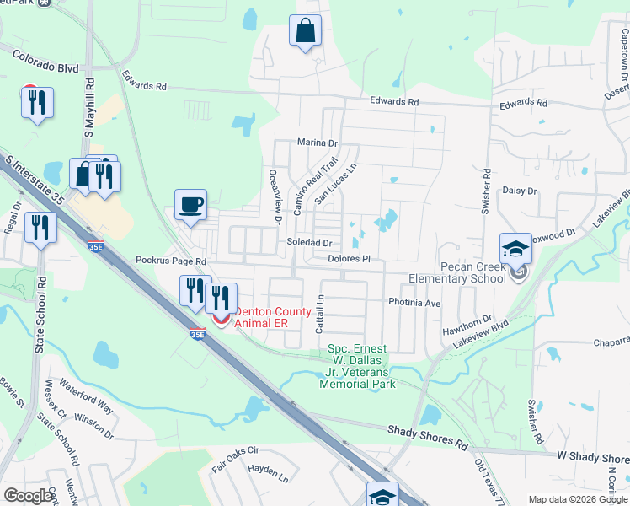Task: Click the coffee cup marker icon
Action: [190, 205]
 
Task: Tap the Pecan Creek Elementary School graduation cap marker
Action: [515, 249]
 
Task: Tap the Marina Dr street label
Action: [317, 143]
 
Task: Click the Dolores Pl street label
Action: [350, 259]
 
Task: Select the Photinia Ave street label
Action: [414, 302]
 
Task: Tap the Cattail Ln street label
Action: [320, 313]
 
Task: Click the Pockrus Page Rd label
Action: [171, 261]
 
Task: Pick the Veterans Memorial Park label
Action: [357, 366]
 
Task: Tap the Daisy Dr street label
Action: [520, 191]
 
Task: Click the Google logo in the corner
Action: [29, 496]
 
